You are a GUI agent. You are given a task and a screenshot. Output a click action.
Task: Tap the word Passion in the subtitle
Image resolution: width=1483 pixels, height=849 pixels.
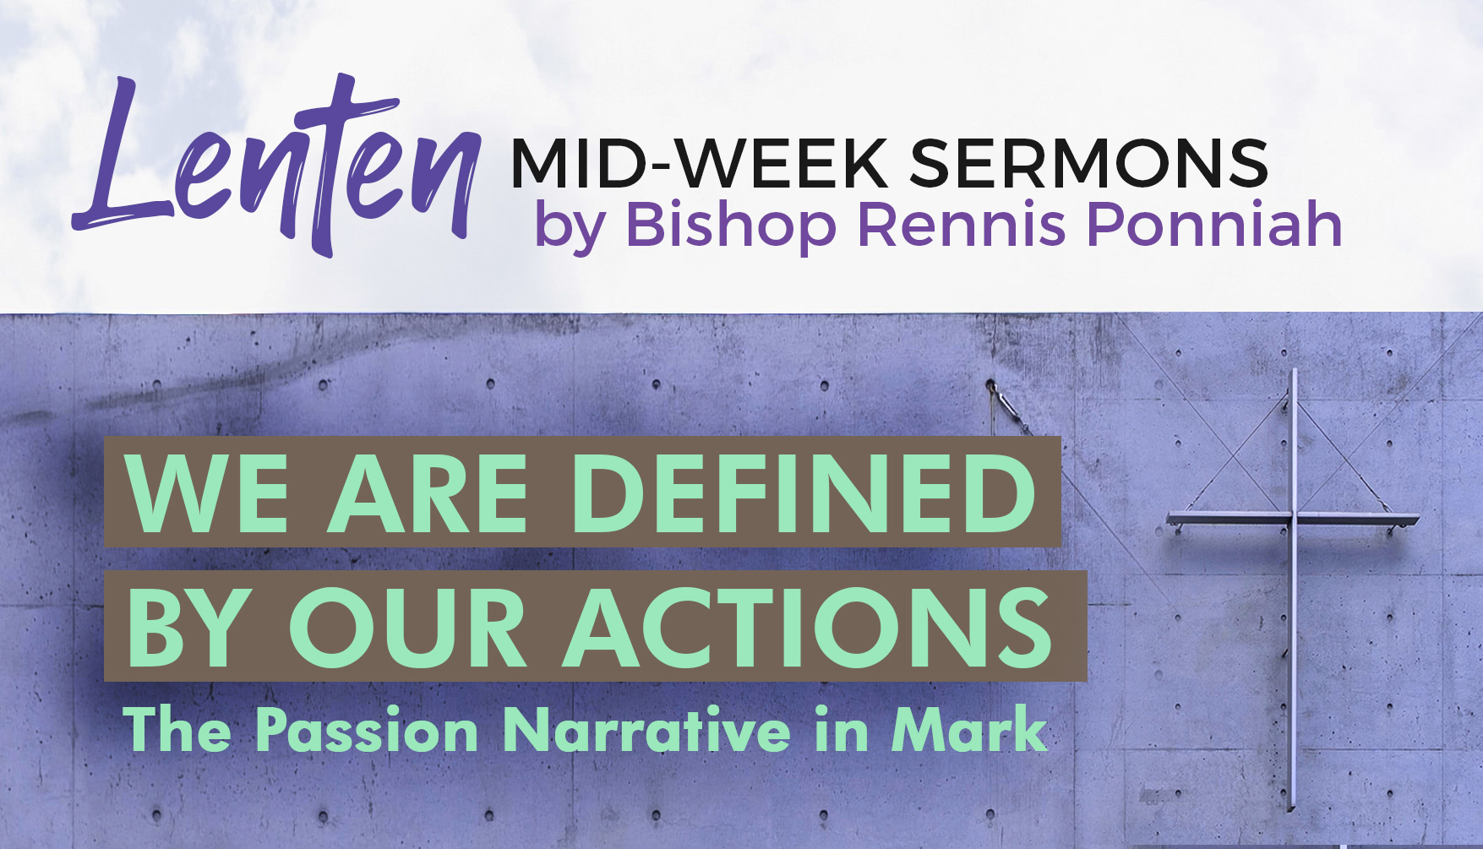[367, 730]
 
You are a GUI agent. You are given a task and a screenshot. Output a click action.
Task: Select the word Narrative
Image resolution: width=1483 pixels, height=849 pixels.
[647, 730]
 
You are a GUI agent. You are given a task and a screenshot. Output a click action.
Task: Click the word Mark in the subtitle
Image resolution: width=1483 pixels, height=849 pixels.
[970, 730]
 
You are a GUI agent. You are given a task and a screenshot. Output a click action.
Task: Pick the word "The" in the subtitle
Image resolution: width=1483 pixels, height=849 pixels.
[177, 730]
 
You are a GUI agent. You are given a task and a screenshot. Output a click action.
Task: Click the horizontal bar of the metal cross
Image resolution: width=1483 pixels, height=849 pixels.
[1293, 519]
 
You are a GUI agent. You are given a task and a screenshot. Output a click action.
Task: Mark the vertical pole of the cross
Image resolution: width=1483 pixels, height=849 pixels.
[1293, 591]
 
